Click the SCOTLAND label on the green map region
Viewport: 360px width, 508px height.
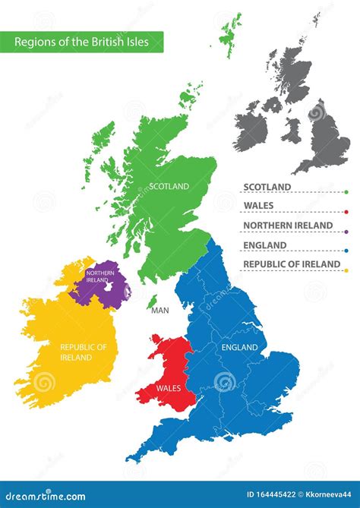tap(169, 185)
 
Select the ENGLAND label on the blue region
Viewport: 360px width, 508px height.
tap(239, 347)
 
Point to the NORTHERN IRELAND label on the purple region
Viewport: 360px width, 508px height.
tap(100, 276)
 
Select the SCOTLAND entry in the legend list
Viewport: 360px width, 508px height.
tap(267, 187)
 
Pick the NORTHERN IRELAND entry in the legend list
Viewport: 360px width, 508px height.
tap(287, 226)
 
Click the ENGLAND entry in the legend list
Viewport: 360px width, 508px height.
tap(265, 245)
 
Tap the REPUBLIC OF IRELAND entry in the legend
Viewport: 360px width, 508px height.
tap(291, 264)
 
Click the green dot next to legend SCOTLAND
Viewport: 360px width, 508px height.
tap(346, 193)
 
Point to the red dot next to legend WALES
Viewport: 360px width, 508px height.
tap(346, 213)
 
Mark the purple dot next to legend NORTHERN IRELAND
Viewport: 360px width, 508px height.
tap(346, 232)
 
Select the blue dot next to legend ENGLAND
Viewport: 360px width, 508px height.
tap(346, 251)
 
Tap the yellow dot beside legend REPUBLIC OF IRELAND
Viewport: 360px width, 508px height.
tap(346, 270)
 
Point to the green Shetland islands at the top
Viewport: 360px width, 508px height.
tap(229, 34)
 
